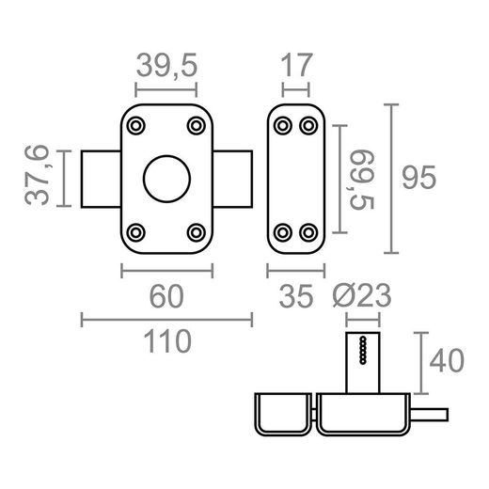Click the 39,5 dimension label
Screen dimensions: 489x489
tap(166, 65)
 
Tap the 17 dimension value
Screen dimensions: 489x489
tap(296, 65)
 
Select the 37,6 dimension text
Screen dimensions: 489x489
tap(37, 175)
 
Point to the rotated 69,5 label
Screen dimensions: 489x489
tap(361, 180)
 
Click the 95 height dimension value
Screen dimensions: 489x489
tap(418, 178)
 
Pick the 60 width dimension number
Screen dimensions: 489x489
tap(166, 296)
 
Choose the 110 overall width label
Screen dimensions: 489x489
tap(167, 341)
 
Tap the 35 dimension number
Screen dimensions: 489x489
tap(296, 296)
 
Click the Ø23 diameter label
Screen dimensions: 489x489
tap(362, 295)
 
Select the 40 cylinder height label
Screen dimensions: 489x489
tap(447, 360)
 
